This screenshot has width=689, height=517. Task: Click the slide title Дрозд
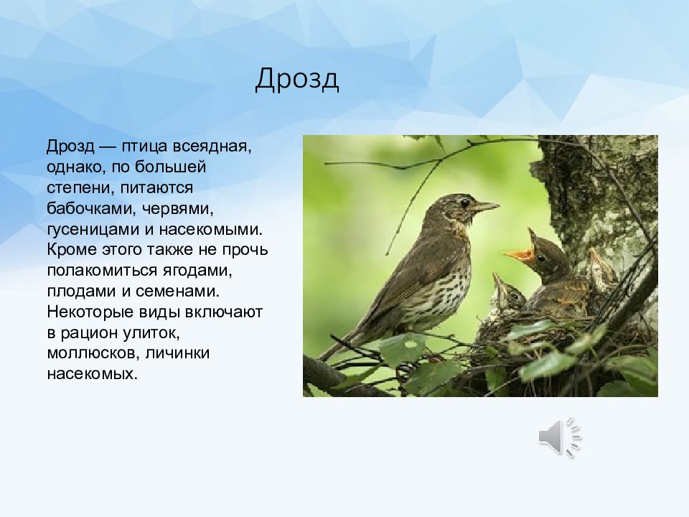point(297,80)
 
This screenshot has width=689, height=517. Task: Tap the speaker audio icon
point(560,437)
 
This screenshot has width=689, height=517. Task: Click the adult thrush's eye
point(464,202)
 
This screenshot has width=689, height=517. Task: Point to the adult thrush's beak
point(486,206)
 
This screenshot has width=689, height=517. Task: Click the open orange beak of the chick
point(520,254)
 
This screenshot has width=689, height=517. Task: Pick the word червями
point(177,208)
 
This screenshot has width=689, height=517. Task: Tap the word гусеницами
point(99,230)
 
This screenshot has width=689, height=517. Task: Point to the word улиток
point(151,332)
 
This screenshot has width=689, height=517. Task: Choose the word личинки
point(177,353)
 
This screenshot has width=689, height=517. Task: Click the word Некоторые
point(90,312)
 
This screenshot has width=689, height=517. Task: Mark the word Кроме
point(72,250)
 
